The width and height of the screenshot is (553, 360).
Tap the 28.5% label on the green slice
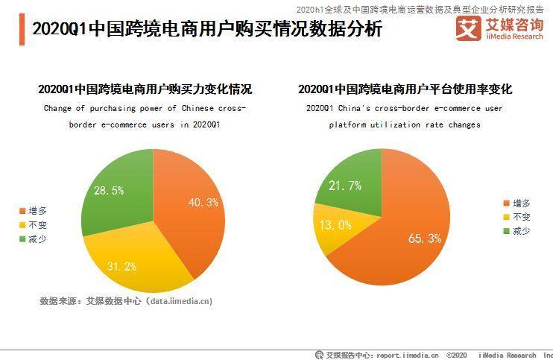coord(109,191)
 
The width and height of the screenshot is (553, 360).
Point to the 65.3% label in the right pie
coord(425,239)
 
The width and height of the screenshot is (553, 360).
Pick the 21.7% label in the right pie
coord(344,186)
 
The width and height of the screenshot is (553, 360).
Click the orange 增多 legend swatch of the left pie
coord(22,211)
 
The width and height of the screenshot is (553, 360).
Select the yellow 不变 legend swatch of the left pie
coord(22,224)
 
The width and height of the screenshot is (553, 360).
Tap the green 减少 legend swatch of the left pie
coord(22,239)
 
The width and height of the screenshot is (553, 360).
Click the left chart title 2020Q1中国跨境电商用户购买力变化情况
coord(145,89)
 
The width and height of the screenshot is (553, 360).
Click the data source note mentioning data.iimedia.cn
coord(126,301)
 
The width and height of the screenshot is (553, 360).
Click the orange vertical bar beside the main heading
coord(22,30)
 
